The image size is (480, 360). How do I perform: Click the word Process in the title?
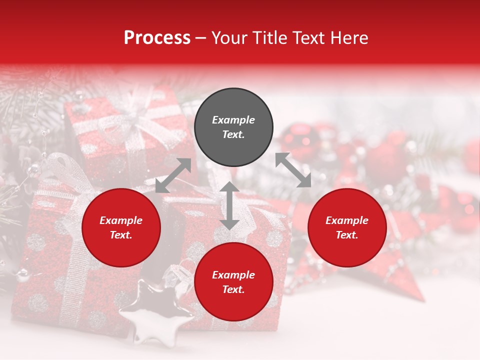[157, 38]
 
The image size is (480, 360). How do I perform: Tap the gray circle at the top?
[233, 127]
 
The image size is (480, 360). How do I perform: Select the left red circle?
[121, 228]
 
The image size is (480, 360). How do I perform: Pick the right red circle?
[347, 228]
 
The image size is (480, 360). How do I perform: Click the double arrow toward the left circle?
[173, 175]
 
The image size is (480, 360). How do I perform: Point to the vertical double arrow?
[229, 205]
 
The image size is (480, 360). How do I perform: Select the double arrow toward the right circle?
[293, 170]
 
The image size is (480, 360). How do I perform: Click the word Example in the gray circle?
[233, 120]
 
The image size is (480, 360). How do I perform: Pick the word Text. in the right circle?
[347, 235]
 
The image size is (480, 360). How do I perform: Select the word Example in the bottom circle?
[233, 275]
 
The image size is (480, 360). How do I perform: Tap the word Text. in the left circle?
[121, 235]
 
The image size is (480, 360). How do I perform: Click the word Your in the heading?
[227, 38]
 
